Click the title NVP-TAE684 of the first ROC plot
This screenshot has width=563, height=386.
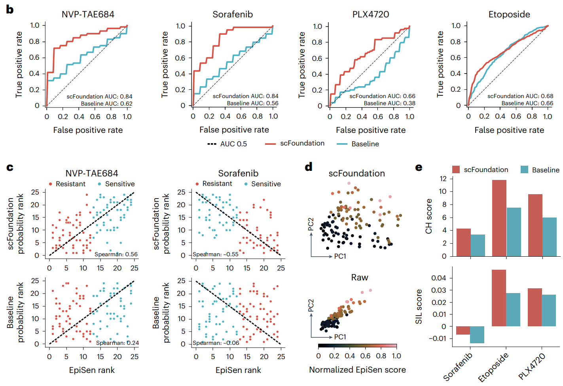pos(88,15)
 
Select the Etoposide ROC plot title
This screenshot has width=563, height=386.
pos(509,15)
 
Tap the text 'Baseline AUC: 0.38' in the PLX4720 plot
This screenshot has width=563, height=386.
pos(389,103)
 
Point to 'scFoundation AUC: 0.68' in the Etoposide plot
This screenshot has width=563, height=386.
pos(520,96)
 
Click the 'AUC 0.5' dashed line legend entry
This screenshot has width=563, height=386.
pos(227,144)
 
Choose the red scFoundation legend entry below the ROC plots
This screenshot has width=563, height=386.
pos(295,144)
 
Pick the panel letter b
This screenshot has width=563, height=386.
pos(10,9)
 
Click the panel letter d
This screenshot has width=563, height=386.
pos(309,167)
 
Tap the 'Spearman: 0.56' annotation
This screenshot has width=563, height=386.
pos(116,254)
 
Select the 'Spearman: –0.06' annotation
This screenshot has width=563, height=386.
pos(216,343)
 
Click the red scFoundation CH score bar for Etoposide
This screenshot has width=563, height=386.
pos(499,218)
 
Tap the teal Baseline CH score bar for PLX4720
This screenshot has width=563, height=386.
pos(549,237)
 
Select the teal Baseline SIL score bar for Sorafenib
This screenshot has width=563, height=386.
pos(477,335)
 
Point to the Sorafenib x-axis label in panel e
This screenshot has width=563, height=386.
pos(458,367)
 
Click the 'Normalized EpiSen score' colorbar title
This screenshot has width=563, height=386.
pos(357,370)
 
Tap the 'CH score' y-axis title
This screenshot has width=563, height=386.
pos(428,216)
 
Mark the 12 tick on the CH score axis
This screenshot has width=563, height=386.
pos(443,179)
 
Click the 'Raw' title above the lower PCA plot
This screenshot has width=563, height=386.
pos(359,278)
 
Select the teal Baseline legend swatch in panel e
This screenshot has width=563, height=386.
pos(525,170)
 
